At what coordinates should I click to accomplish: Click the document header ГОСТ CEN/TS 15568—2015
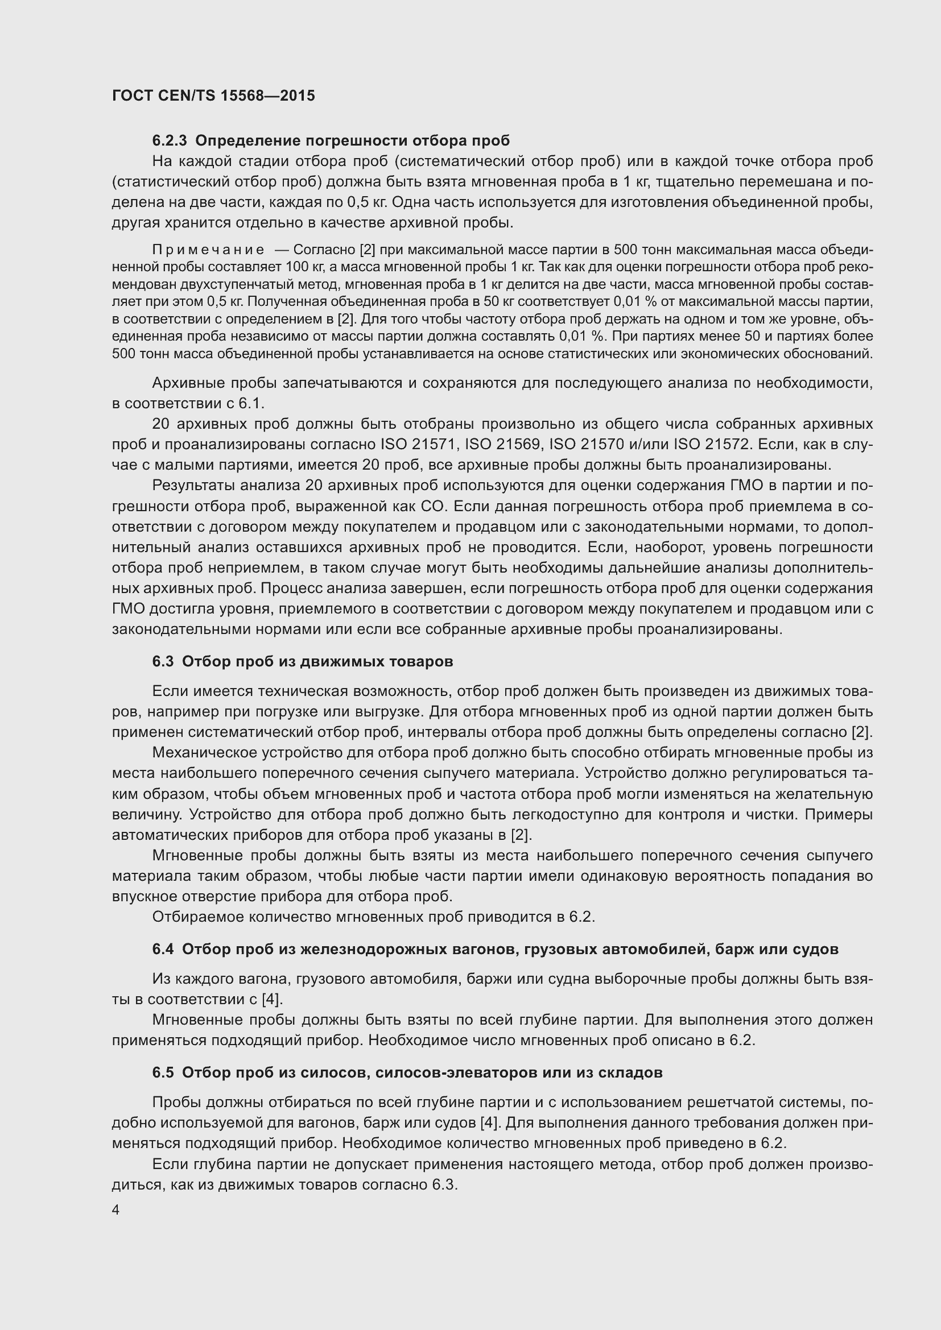click(213, 96)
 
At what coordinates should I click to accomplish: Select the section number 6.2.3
click(170, 141)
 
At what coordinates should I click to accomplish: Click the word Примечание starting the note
click(208, 250)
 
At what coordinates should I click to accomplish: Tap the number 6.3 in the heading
click(163, 661)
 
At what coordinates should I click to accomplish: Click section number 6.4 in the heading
click(163, 950)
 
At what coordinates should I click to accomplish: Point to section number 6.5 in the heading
click(163, 1073)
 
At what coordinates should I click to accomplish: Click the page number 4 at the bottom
click(116, 1210)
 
